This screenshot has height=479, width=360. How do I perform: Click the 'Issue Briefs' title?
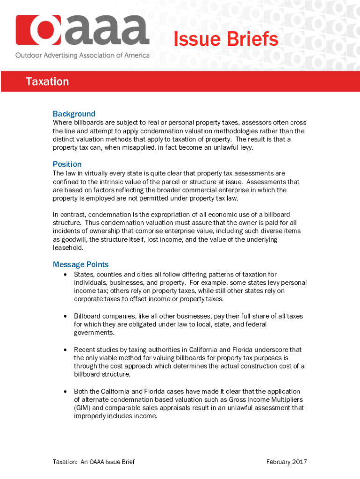point(226,40)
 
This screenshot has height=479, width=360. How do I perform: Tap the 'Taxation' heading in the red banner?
point(47,82)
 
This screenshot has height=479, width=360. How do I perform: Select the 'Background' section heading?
point(74,114)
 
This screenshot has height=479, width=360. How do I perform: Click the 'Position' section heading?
point(67,164)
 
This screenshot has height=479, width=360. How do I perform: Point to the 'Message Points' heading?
point(80,264)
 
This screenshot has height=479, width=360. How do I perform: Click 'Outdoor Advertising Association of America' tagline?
point(83,55)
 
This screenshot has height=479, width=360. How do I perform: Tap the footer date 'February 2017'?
point(287,462)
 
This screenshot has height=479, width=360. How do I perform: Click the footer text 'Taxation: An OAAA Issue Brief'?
point(94,462)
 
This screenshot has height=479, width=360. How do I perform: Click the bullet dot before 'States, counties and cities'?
point(65,275)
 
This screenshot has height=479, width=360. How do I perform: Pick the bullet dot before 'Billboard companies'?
point(65,316)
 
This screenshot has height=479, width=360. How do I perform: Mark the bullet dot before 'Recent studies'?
point(65,350)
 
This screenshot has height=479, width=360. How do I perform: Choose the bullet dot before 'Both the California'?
point(65,392)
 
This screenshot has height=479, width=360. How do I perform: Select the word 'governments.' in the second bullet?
point(93,333)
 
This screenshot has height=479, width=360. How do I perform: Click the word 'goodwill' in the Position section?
point(74,239)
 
